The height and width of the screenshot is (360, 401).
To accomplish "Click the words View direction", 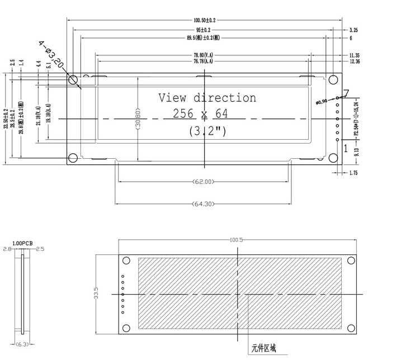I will [x=207, y=98].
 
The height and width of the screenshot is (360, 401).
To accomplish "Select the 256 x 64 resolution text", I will [x=200, y=113].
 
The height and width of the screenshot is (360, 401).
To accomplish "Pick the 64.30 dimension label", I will [x=203, y=204].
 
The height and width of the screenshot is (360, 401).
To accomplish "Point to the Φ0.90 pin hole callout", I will [x=323, y=102].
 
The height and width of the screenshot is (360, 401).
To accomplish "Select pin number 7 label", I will [x=346, y=93].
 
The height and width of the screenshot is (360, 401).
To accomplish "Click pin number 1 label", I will [x=346, y=149].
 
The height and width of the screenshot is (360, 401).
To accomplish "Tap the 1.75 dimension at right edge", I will [x=353, y=173].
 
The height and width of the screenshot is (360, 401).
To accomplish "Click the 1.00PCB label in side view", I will [x=22, y=244].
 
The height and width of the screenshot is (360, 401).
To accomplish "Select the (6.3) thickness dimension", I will [x=23, y=344].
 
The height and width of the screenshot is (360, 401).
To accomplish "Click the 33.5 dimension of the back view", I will [x=96, y=292].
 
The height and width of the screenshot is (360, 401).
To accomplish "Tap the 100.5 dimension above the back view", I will [x=236, y=239].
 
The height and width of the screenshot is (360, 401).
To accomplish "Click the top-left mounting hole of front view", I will [x=73, y=80].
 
